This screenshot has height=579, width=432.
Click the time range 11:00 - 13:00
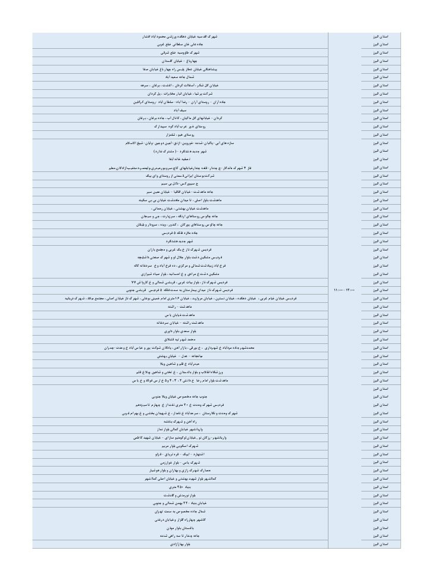[345, 290]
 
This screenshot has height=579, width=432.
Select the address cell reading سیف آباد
[180, 110]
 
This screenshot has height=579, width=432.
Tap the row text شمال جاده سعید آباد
[180, 77]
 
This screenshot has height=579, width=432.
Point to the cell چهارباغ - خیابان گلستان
[180, 61]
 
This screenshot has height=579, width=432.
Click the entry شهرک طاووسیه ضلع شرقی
[180, 52]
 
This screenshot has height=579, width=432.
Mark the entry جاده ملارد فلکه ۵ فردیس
[180, 233]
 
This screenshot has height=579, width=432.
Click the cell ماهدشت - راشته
[180, 306]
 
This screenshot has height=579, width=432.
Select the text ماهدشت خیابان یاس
[180, 315]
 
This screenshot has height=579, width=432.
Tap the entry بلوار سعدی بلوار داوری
[180, 331]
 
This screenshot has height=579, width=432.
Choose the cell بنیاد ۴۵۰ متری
[180, 487]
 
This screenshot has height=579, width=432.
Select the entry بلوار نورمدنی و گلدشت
[180, 495]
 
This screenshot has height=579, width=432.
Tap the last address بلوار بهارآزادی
[180, 544]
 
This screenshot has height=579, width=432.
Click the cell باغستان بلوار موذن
[180, 528]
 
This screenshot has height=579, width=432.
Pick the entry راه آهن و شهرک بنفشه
[180, 421]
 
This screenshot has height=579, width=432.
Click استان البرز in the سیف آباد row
[380, 110]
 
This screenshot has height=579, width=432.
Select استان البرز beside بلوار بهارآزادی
[380, 544]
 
